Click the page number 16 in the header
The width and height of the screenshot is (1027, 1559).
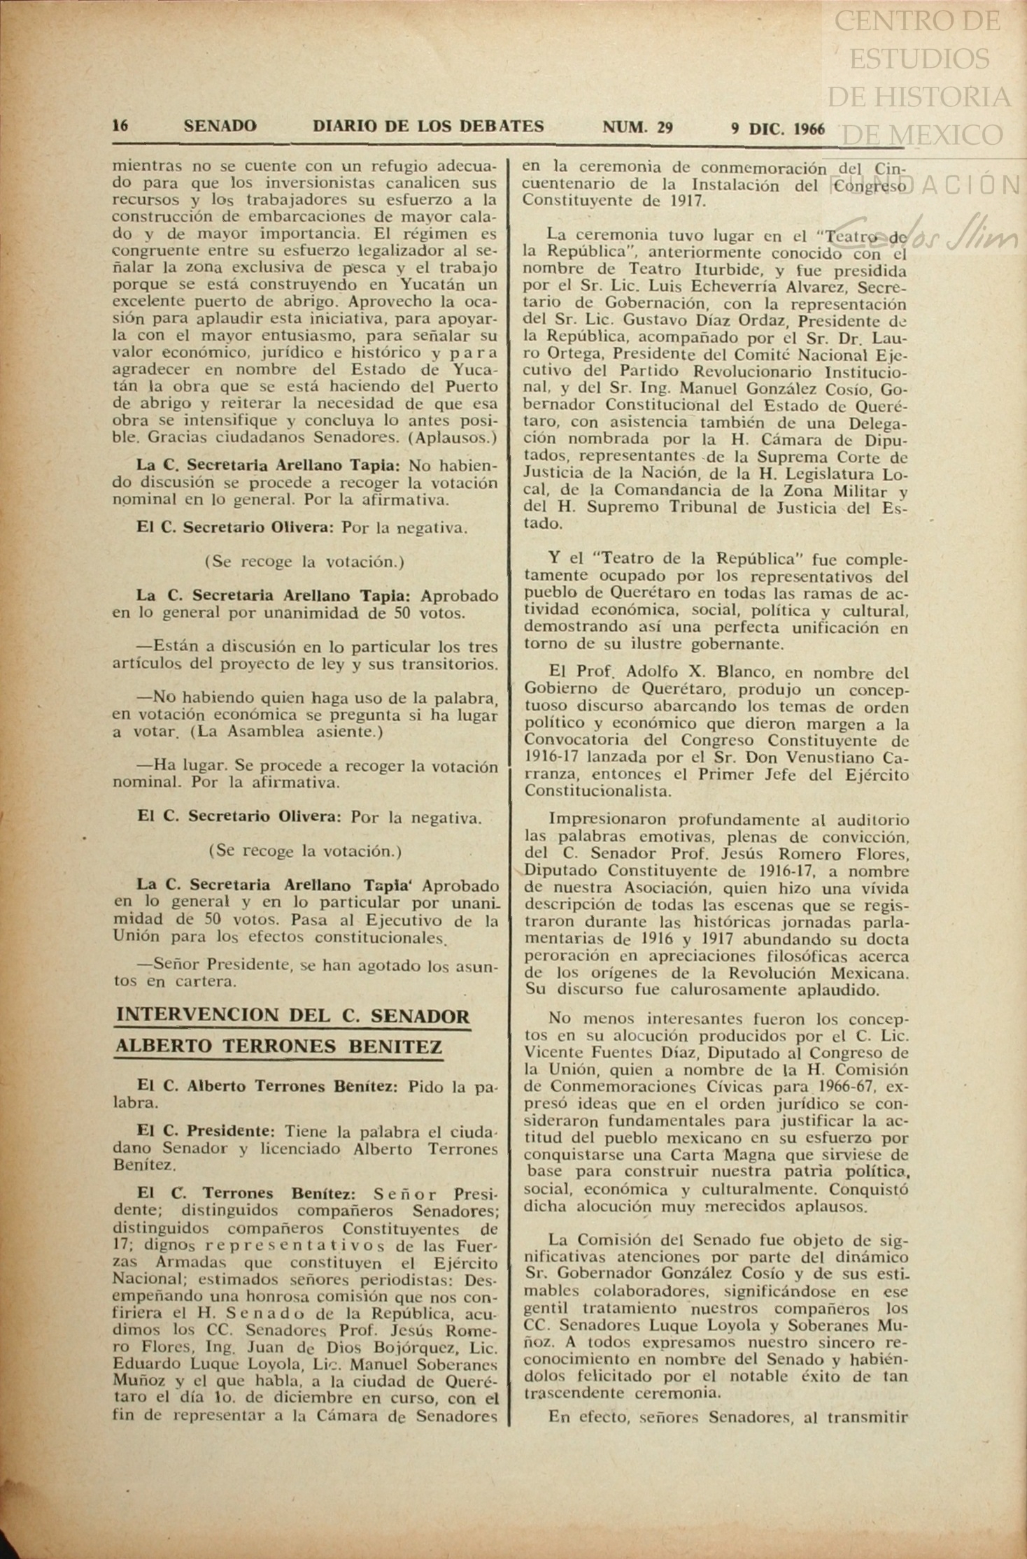[x=120, y=126]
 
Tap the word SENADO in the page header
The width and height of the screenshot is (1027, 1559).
[x=220, y=126]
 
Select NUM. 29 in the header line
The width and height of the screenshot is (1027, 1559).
[x=637, y=127]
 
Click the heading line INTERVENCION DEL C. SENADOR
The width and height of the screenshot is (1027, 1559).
[x=293, y=1016]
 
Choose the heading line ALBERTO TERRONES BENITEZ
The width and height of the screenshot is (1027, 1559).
[x=278, y=1047]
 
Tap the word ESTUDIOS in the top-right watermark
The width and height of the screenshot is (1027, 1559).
[x=919, y=59]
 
